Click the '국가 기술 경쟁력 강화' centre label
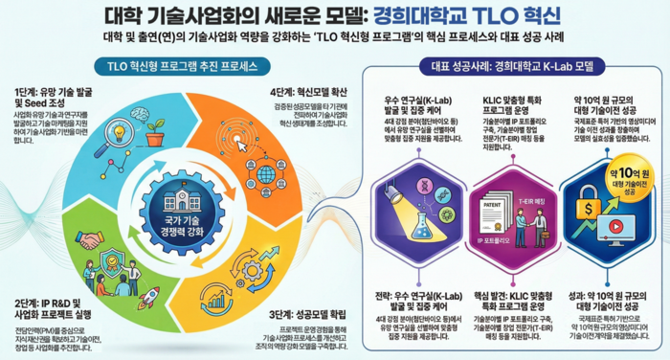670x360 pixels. click(x=181, y=228)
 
